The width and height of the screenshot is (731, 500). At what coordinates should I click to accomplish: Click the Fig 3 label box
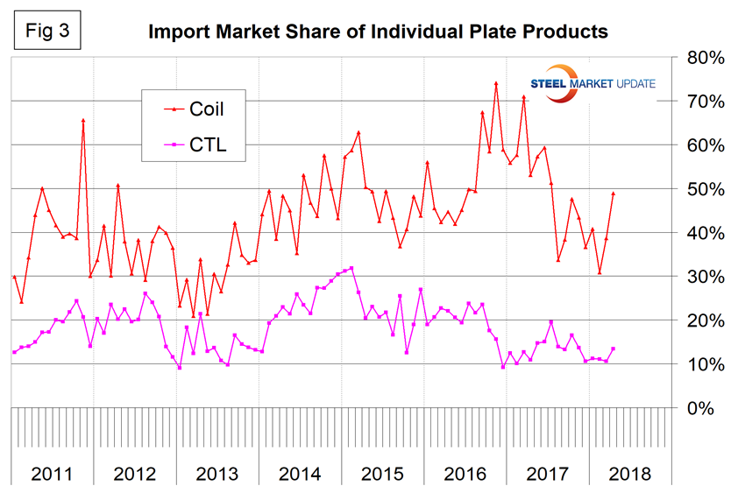(47, 31)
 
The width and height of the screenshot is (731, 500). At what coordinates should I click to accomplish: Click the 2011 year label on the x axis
(52, 475)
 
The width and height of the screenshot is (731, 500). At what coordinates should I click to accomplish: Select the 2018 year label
(628, 475)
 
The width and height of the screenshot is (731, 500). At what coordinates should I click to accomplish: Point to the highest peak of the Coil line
(496, 83)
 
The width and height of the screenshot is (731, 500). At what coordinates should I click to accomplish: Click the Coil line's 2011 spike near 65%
(83, 121)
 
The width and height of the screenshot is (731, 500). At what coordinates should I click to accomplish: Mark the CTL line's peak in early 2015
(351, 268)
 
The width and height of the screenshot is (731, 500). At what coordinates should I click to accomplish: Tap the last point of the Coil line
(613, 194)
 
